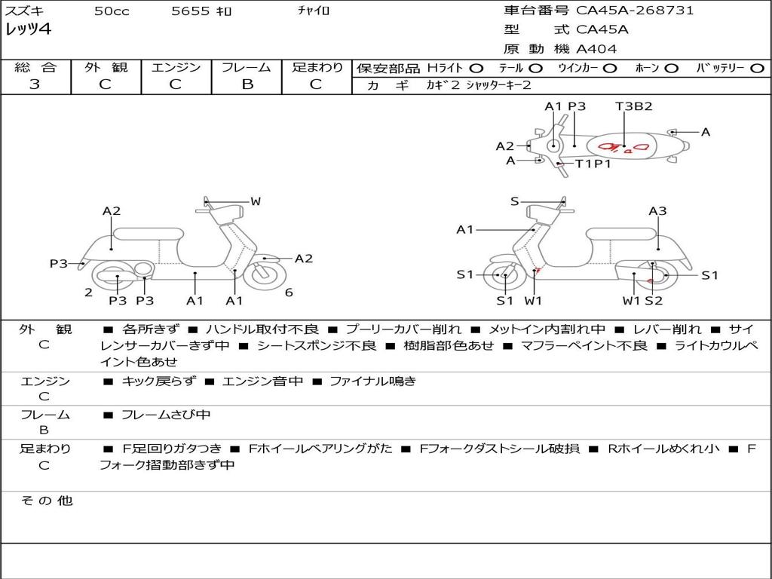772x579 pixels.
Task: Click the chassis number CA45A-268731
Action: pyautogui.click(x=635, y=11)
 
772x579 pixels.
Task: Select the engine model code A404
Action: pyautogui.click(x=596, y=49)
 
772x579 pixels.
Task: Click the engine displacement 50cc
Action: pyautogui.click(x=110, y=11)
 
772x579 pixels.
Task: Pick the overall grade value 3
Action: pyautogui.click(x=35, y=84)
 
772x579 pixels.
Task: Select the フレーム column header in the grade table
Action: pyautogui.click(x=247, y=67)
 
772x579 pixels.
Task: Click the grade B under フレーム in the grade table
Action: pyautogui.click(x=247, y=84)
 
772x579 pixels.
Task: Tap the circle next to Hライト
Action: pyautogui.click(x=476, y=68)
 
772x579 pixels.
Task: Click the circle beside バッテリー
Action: pyautogui.click(x=757, y=68)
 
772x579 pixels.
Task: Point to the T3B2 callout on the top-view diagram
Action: pyautogui.click(x=633, y=106)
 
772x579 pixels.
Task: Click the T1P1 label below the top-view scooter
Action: pyautogui.click(x=593, y=164)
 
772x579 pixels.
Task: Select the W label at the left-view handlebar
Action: pyautogui.click(x=256, y=201)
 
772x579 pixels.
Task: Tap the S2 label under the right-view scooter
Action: pyautogui.click(x=653, y=301)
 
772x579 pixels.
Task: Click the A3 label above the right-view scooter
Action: pyautogui.click(x=657, y=211)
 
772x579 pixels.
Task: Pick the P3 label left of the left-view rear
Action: pyautogui.click(x=59, y=263)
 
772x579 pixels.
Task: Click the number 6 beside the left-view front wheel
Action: pyautogui.click(x=289, y=293)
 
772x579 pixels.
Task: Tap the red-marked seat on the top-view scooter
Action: pyautogui.click(x=624, y=146)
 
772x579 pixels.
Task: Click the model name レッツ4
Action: pyautogui.click(x=28, y=30)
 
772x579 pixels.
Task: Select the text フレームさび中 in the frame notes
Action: pyautogui.click(x=166, y=415)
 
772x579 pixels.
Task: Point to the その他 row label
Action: pyautogui.click(x=46, y=501)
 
